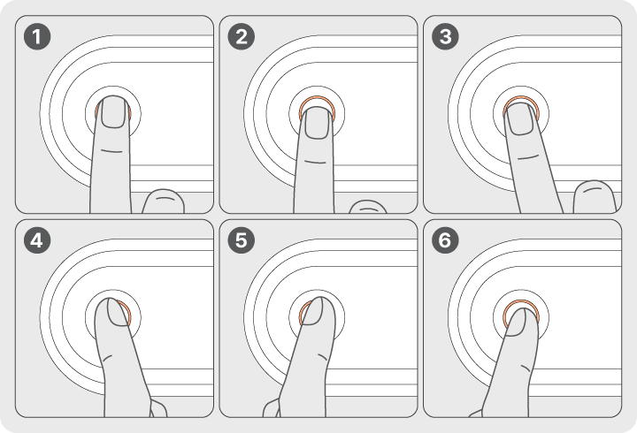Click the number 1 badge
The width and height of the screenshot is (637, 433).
pyautogui.click(x=37, y=36)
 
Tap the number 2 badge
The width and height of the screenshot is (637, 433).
pyautogui.click(x=242, y=36)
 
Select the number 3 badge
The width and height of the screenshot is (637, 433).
pyautogui.click(x=446, y=36)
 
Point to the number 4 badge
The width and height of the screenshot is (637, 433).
pyautogui.click(x=37, y=240)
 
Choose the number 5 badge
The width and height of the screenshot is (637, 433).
pyautogui.click(x=242, y=240)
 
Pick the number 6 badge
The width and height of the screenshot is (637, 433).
pyautogui.click(x=446, y=240)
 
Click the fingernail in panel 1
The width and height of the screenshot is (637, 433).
pyautogui.click(x=113, y=112)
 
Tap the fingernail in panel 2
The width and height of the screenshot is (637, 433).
pyautogui.click(x=317, y=123)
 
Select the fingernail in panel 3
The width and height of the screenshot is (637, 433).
pyautogui.click(x=520, y=118)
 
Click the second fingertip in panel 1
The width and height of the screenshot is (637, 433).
pyautogui.click(x=164, y=201)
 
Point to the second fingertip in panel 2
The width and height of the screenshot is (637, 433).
pyautogui.click(x=368, y=207)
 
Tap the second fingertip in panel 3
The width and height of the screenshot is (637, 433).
pyautogui.click(x=595, y=196)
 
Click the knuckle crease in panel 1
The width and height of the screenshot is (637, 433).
pyautogui.click(x=111, y=151)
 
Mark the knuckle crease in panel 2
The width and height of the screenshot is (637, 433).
pyautogui.click(x=316, y=163)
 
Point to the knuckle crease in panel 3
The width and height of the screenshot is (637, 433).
pyautogui.click(x=527, y=157)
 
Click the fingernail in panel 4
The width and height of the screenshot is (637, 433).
pyautogui.click(x=118, y=312)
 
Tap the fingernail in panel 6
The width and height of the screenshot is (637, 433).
pyautogui.click(x=515, y=323)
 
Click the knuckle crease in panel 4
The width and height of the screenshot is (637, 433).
pyautogui.click(x=108, y=359)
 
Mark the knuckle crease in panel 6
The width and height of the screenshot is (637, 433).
pyautogui.click(x=526, y=368)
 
